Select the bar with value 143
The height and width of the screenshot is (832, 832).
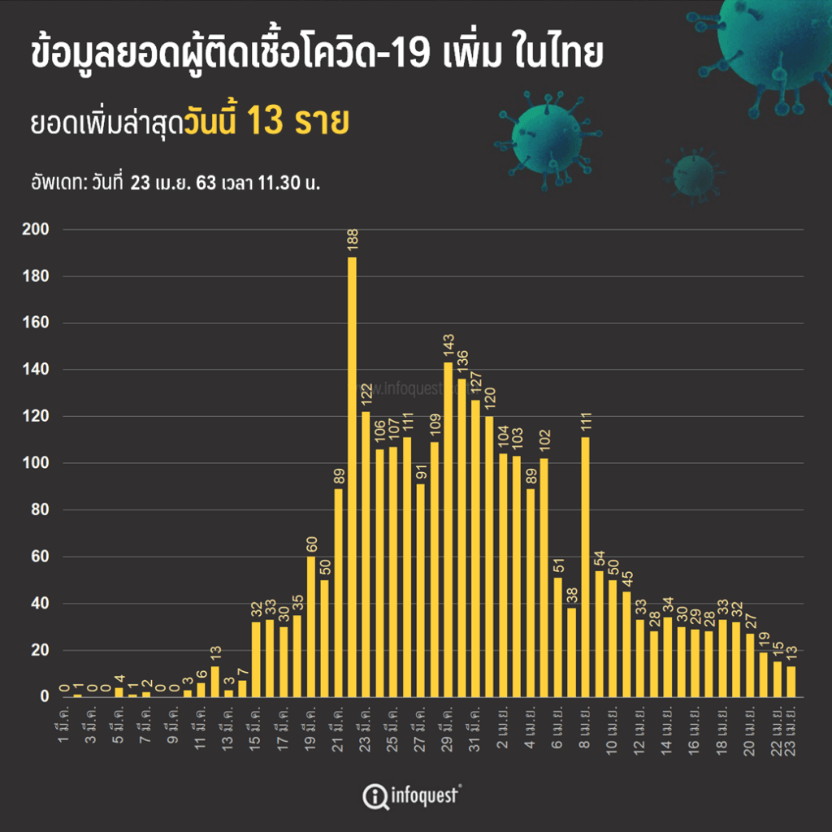(448, 529)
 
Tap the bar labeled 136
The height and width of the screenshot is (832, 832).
(462, 537)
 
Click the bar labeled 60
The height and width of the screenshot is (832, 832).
(311, 626)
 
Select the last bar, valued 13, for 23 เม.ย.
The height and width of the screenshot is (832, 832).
(791, 681)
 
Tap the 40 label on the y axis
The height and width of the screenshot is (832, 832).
(41, 604)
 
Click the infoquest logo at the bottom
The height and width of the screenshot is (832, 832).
(413, 794)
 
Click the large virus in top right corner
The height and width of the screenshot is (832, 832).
(773, 41)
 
